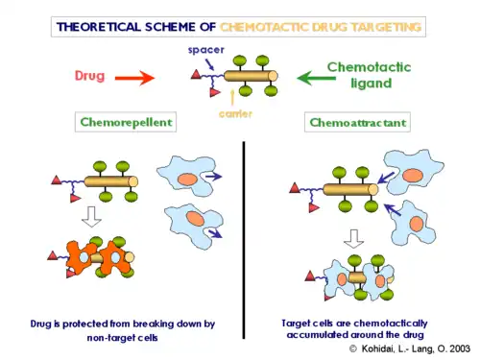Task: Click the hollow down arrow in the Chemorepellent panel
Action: [92, 217]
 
